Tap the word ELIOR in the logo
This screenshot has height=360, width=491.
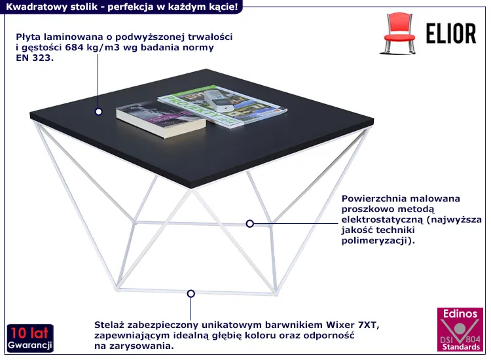pos(451,33)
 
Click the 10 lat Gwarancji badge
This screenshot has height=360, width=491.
pos(30,338)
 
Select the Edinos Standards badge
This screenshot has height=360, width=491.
pos(460,329)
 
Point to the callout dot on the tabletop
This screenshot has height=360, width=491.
pos(99,111)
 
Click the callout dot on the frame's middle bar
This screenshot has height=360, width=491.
pos(249,223)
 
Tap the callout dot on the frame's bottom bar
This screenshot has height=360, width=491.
pos(191,294)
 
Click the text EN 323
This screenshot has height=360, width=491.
pos(35,58)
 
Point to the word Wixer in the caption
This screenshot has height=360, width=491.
pos(340,325)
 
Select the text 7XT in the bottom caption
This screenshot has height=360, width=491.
pos(369,325)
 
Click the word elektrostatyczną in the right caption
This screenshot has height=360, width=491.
pos(382,220)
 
